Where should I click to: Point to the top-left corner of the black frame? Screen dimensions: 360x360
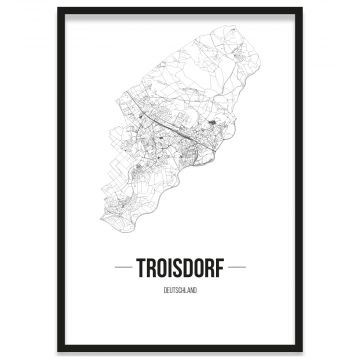coord(57,8)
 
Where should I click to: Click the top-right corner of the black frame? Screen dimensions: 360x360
coord(302,8)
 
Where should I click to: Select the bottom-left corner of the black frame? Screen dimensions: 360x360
coord(57,351)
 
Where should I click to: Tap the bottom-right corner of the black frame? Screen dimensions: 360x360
coord(302,351)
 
